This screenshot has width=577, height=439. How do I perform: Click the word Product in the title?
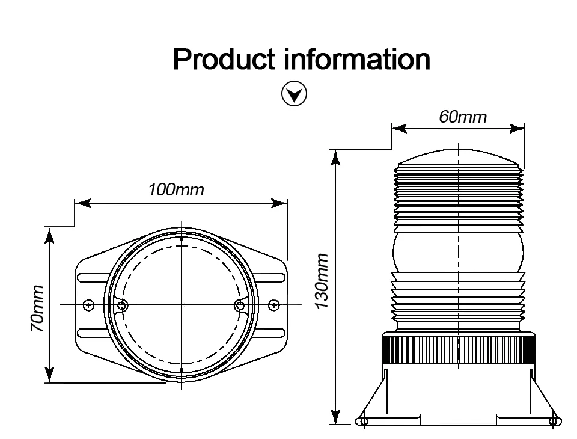[224, 60]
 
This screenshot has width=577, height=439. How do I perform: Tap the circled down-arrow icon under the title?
[294, 94]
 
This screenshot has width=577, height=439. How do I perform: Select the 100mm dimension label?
[176, 190]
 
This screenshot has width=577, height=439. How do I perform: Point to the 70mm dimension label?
[37, 309]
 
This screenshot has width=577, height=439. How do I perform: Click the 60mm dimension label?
[463, 117]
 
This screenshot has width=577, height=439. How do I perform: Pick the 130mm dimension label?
[322, 281]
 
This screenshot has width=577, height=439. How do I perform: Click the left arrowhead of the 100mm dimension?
[83, 203]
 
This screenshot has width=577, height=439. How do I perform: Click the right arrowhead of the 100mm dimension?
[279, 203]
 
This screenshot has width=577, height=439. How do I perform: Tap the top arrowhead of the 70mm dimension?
[49, 236]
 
